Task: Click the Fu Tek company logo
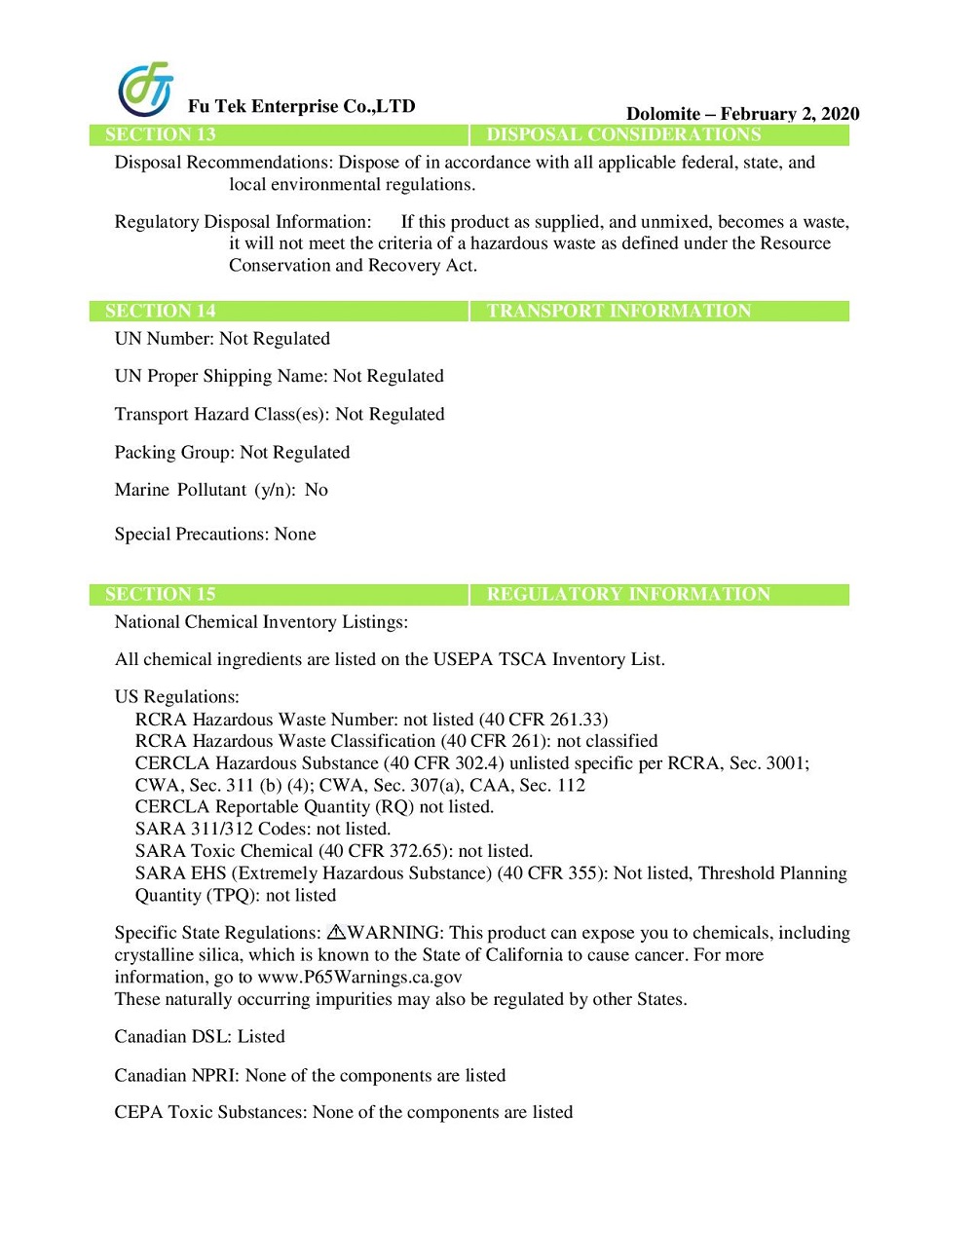point(145,89)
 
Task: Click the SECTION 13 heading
point(160,135)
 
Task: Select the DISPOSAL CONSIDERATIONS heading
point(623,135)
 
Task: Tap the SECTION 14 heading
point(160,312)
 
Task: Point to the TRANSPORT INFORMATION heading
point(618,312)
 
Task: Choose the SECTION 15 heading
point(160,595)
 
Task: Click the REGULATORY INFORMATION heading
point(628,595)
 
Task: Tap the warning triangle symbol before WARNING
point(336,933)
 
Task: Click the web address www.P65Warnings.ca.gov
point(359,977)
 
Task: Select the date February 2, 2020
point(790,114)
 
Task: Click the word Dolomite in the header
point(662,114)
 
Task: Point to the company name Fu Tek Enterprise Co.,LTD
point(301,106)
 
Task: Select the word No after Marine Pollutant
point(317,490)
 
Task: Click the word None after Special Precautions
point(295,535)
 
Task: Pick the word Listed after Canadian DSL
point(261,1037)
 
